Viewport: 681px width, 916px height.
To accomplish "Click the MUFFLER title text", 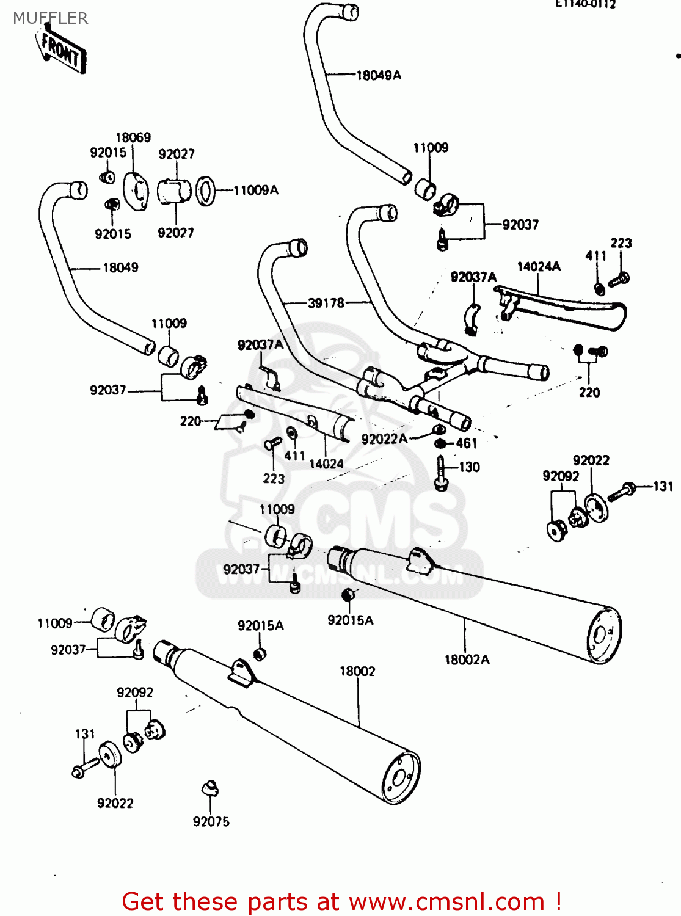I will pyautogui.click(x=50, y=18).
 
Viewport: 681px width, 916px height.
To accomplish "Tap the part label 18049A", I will pyautogui.click(x=379, y=75).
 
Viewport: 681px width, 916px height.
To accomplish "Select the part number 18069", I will pyautogui.click(x=133, y=137).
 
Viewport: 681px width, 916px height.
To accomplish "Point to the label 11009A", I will pyautogui.click(x=256, y=191).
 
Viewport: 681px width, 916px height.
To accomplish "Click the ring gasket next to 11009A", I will pyautogui.click(x=206, y=191).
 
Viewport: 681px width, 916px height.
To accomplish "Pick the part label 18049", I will pyautogui.click(x=120, y=267).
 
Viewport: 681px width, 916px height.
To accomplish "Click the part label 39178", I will pyautogui.click(x=326, y=302).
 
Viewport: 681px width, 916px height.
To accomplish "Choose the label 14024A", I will pyautogui.click(x=538, y=266).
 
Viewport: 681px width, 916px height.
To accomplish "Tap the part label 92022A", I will pyautogui.click(x=384, y=438).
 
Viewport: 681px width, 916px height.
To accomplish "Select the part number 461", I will pyautogui.click(x=466, y=443).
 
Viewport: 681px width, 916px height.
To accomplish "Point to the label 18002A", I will pyautogui.click(x=467, y=660).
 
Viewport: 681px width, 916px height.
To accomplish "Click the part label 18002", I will pyautogui.click(x=357, y=671).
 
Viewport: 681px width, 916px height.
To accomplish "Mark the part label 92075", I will pyautogui.click(x=211, y=822).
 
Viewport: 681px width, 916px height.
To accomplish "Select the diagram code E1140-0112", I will pyautogui.click(x=585, y=4).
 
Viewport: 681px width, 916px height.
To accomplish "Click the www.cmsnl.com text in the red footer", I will pyautogui.click(x=446, y=901).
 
